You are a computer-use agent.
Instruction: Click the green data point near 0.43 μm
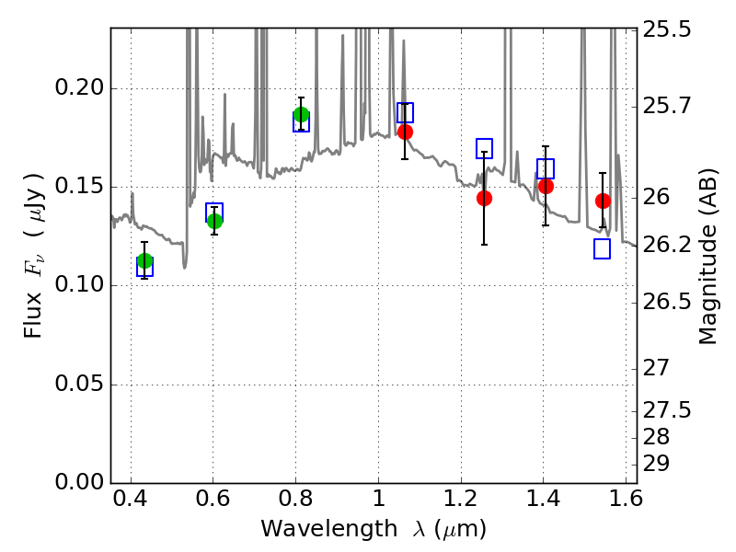coord(145,261)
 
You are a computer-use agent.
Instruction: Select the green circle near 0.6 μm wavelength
coord(214,221)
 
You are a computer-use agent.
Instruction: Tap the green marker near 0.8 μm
coord(302,114)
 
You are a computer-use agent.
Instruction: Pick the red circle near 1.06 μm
coord(406,132)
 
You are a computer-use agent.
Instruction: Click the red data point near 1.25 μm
coord(485,198)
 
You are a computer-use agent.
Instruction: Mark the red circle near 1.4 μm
coord(546,187)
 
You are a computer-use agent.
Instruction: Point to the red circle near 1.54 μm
coord(604,201)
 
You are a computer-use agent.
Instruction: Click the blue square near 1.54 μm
coord(603,248)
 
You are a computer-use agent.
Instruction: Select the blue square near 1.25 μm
coord(485,148)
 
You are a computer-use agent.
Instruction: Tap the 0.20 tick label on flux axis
coord(79,87)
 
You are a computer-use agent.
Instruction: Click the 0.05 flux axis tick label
coord(79,385)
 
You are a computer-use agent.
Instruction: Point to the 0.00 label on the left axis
coord(79,482)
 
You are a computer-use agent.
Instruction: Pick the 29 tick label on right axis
coord(656,464)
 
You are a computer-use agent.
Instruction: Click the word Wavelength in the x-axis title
coord(329,530)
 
